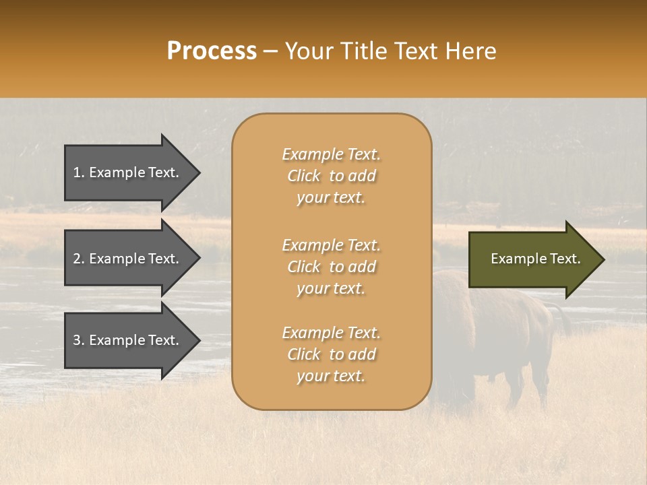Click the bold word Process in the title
212,51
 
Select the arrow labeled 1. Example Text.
128,172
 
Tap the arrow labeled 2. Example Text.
128,259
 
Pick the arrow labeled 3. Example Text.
128,340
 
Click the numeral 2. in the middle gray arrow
79,259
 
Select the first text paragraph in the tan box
331,176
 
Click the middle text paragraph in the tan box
331,267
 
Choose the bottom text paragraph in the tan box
331,354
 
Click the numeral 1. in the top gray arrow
79,172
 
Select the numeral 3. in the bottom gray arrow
79,340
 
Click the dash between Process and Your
271,52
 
